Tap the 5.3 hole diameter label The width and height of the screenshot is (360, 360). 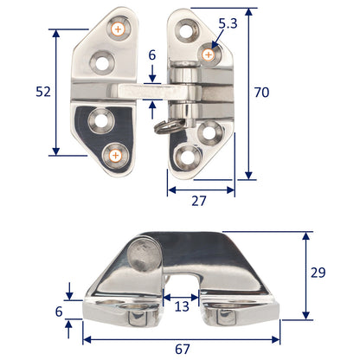click(x=228, y=24)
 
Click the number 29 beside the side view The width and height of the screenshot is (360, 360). click(x=318, y=273)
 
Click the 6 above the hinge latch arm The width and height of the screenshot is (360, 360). click(x=151, y=55)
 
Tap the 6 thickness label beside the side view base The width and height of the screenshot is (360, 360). click(x=58, y=311)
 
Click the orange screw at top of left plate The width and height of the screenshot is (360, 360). click(x=117, y=29)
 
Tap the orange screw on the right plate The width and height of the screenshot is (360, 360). click(x=209, y=55)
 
